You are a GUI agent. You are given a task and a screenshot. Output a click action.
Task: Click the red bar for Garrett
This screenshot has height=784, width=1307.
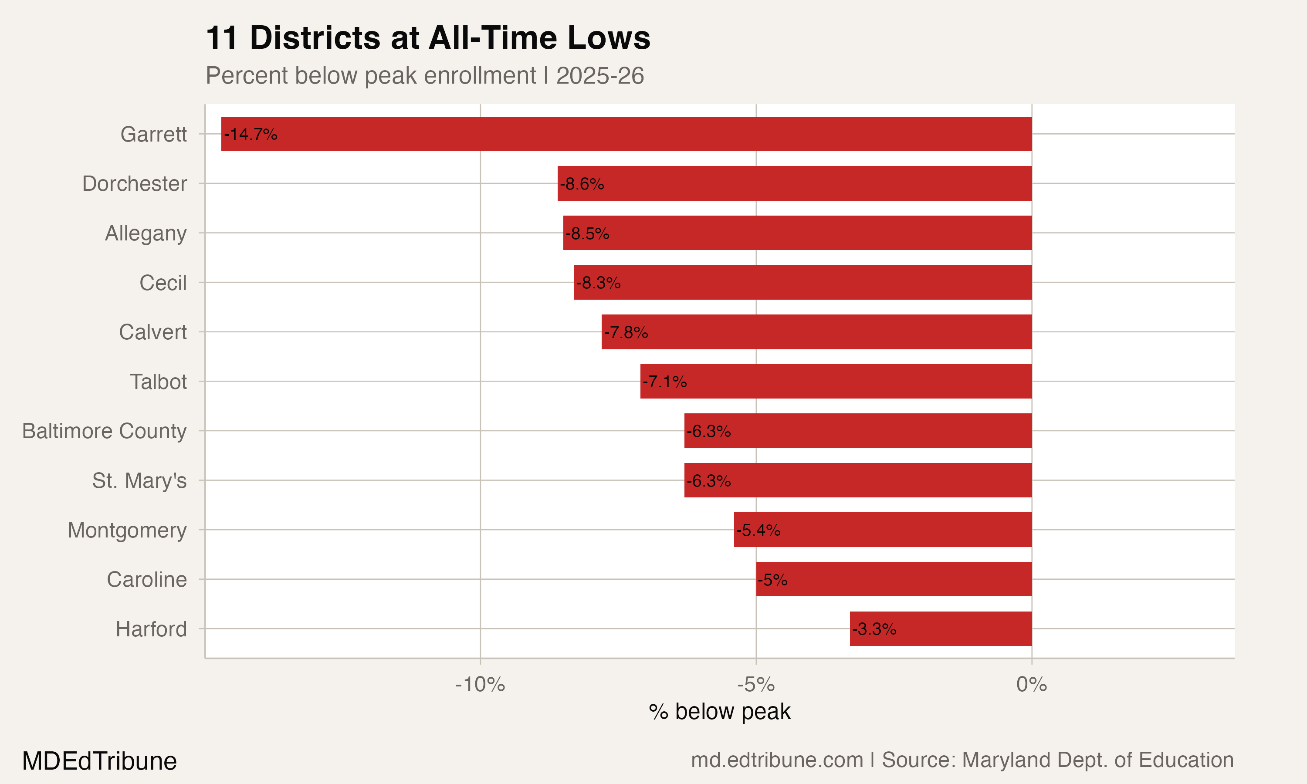(x=626, y=134)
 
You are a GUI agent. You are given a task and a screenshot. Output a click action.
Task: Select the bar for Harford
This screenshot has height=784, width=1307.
(x=940, y=629)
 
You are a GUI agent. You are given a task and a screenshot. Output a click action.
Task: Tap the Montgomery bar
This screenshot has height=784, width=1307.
(x=882, y=529)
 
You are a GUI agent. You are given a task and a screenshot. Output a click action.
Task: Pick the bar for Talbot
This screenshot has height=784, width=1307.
(x=836, y=381)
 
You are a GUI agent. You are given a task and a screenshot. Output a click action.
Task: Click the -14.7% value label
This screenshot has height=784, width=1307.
(x=251, y=134)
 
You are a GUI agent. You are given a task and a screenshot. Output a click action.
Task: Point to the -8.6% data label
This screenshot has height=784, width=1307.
(x=582, y=184)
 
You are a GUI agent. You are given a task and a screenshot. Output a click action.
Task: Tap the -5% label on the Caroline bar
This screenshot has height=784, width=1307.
(x=772, y=580)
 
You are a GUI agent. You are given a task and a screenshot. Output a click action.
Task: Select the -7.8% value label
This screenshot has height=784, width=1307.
(x=626, y=332)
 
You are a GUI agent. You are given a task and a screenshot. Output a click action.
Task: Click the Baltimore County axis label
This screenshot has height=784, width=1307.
(x=104, y=431)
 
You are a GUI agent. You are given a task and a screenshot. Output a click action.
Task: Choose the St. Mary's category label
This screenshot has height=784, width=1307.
(x=139, y=481)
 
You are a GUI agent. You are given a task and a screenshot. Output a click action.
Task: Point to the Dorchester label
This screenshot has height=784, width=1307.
(x=134, y=184)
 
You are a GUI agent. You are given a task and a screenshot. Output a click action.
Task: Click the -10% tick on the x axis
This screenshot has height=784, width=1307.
(x=480, y=685)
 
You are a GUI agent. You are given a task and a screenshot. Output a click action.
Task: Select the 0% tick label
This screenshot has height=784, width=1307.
(x=1031, y=685)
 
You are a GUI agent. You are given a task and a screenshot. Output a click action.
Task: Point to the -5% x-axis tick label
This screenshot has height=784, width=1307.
(x=755, y=685)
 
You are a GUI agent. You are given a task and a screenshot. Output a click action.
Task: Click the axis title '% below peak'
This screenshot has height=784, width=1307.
(x=720, y=712)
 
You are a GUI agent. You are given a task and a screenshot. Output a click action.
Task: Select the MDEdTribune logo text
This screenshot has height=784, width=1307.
(x=99, y=761)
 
